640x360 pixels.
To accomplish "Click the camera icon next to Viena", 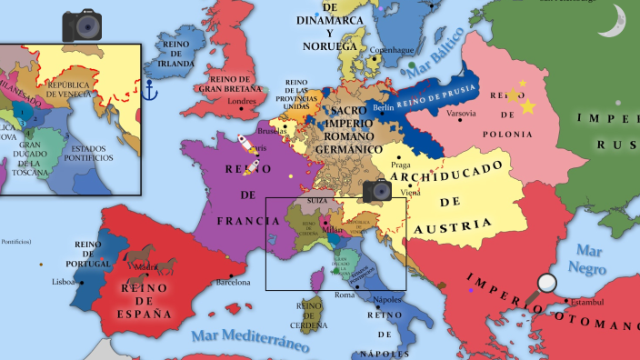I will click(x=377, y=191).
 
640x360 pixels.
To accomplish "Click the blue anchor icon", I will click(x=152, y=89).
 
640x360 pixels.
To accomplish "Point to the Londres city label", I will click(x=242, y=101).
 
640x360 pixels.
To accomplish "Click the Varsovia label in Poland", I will click(x=462, y=114).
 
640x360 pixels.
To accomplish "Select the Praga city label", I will click(x=401, y=165).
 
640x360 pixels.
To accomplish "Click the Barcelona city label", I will click(x=233, y=282).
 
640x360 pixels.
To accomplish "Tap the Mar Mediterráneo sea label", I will click(x=249, y=338).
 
